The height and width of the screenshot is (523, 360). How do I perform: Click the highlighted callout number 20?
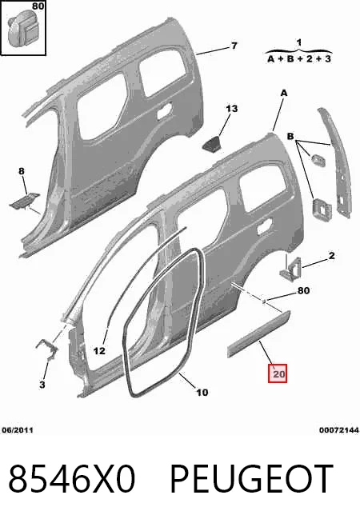pyautogui.click(x=278, y=373)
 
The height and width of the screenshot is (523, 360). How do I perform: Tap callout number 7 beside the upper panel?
pyautogui.click(x=234, y=46)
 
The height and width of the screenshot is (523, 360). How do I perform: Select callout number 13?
pyautogui.click(x=231, y=109)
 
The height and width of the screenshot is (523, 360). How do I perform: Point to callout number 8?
pyautogui.click(x=22, y=171)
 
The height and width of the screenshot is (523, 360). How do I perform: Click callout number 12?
pyautogui.click(x=99, y=351)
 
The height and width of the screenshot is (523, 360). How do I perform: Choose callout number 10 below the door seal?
pyautogui.click(x=202, y=393)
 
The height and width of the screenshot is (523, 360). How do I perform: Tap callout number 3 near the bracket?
pyautogui.click(x=42, y=385)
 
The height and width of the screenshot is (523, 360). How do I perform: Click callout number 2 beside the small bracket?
pyautogui.click(x=331, y=256)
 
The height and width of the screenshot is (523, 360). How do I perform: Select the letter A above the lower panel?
pyautogui.click(x=284, y=93)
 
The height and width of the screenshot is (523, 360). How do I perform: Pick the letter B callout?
pyautogui.click(x=290, y=136)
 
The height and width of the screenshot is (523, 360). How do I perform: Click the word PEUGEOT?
pyautogui.click(x=252, y=479)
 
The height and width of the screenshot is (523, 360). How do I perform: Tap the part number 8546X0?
pyautogui.click(x=71, y=479)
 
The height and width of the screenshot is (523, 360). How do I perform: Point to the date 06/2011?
pyautogui.click(x=18, y=430)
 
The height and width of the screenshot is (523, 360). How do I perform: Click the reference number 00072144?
pyautogui.click(x=339, y=430)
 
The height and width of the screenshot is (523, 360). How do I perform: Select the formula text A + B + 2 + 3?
pyautogui.click(x=299, y=59)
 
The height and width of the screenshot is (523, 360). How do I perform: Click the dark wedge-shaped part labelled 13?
pyautogui.click(x=212, y=143)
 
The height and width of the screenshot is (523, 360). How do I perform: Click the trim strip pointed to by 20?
pyautogui.click(x=259, y=333)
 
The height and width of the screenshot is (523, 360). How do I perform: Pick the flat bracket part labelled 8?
pyautogui.click(x=24, y=202)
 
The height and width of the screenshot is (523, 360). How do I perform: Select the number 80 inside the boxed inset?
pyautogui.click(x=38, y=6)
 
